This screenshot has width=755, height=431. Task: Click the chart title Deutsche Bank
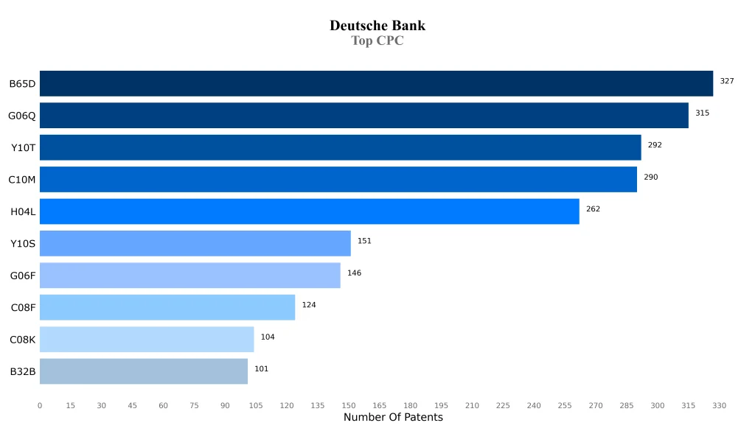377,26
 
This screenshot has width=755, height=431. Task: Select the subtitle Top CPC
377,41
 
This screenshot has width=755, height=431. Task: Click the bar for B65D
376,83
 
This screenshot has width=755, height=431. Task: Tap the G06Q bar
363,116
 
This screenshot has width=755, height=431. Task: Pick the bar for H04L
309,211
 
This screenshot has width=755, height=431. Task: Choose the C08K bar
146,340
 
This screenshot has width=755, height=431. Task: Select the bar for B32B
143,371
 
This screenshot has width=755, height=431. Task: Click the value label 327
727,81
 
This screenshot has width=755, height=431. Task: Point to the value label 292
655,145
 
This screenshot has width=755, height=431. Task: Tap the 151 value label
364,241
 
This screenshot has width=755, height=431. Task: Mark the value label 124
309,305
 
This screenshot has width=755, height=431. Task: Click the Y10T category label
23,148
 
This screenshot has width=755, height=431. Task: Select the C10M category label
22,180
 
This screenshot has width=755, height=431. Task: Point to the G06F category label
22,276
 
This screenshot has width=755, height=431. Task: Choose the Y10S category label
23,244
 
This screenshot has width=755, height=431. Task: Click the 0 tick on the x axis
40,405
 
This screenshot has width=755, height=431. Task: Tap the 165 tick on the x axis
380,405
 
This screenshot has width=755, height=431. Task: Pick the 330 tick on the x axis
720,405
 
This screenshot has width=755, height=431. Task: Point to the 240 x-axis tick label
534,405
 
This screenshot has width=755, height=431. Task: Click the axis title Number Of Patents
393,418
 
